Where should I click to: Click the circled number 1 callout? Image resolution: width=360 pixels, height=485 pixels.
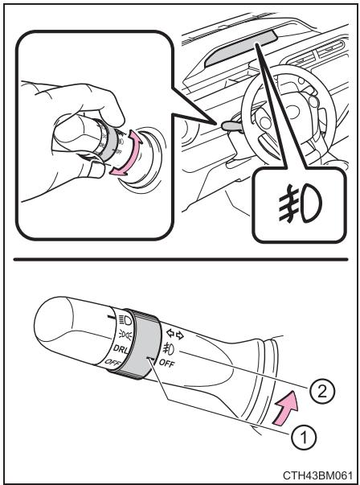pyautogui.click(x=304, y=437)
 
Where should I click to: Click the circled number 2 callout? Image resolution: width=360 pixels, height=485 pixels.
pyautogui.click(x=322, y=393)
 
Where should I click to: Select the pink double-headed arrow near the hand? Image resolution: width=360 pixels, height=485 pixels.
pyautogui.click(x=127, y=153)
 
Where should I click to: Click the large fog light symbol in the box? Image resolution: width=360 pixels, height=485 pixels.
pyautogui.click(x=300, y=203)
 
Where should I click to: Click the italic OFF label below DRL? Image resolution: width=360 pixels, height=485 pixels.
pyautogui.click(x=113, y=362)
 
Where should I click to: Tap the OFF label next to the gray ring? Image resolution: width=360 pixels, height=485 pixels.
pyautogui.click(x=166, y=363)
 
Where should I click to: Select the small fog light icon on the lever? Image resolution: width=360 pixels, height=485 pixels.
pyautogui.click(x=169, y=348)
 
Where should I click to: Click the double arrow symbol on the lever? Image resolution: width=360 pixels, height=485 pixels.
pyautogui.click(x=175, y=334)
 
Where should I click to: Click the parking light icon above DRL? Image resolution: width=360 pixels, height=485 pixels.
pyautogui.click(x=126, y=335)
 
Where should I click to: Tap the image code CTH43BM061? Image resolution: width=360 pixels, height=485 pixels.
pyautogui.click(x=317, y=475)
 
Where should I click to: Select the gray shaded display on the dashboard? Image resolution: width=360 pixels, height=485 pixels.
pyautogui.click(x=239, y=50)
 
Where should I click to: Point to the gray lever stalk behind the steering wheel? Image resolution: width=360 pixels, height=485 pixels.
pyautogui.click(x=229, y=125)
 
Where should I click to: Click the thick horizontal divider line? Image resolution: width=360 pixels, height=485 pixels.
pyautogui.click(x=181, y=259)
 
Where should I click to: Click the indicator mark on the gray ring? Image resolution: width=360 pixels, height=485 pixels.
pyautogui.click(x=151, y=359)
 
